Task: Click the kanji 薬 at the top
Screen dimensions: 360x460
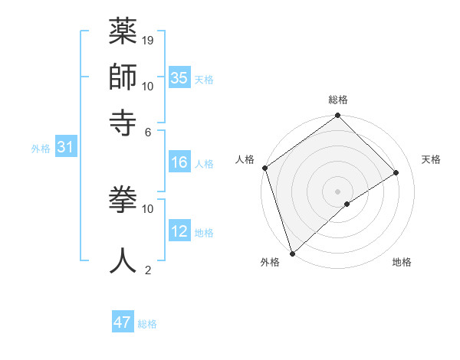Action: (x=123, y=32)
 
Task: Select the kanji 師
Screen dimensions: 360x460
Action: (x=123, y=77)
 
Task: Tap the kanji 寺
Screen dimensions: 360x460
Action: (x=123, y=122)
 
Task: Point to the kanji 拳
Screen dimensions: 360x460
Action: (x=123, y=201)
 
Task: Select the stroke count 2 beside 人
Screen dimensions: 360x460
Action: (x=148, y=270)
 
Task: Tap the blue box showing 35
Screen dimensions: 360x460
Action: (x=179, y=77)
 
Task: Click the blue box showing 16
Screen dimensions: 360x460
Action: (x=179, y=162)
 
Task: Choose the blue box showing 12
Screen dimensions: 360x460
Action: (x=179, y=231)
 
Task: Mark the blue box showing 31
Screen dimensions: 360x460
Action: (x=65, y=147)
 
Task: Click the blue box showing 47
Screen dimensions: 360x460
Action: (x=123, y=322)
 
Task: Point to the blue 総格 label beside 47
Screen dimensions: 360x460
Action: (x=147, y=324)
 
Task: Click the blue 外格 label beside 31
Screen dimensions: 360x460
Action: (x=40, y=149)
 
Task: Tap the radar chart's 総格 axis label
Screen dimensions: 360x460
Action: (x=338, y=100)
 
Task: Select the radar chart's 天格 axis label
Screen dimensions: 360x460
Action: (x=431, y=159)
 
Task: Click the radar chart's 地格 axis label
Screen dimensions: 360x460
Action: (x=402, y=262)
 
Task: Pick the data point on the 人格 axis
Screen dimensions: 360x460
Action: (x=264, y=168)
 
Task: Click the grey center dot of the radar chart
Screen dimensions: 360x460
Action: (x=337, y=191)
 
